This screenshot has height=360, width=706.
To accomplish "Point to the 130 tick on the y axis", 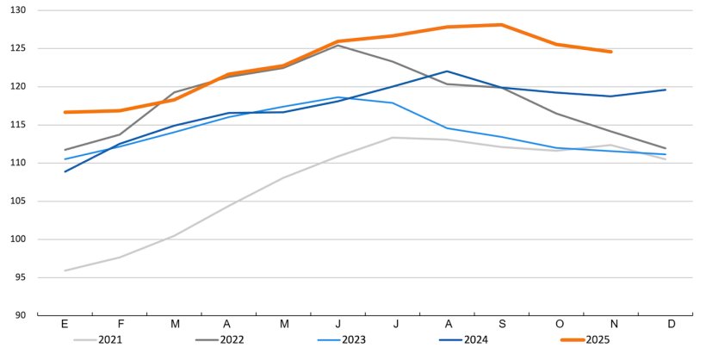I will click(x=18, y=10).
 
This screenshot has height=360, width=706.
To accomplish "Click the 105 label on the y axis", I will click(x=18, y=201).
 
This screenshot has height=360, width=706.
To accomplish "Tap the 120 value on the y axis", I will click(x=18, y=87).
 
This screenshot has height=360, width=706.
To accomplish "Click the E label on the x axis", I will click(x=65, y=324).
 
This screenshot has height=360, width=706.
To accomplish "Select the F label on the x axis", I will click(x=120, y=324).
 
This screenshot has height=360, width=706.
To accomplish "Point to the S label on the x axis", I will click(x=501, y=324).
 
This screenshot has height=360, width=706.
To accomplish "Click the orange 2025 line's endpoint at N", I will click(x=610, y=52).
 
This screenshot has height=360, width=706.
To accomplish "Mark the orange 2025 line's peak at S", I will click(x=501, y=25).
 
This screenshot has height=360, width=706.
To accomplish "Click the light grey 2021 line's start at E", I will click(x=65, y=270).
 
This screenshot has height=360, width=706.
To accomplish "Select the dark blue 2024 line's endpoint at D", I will click(x=665, y=90).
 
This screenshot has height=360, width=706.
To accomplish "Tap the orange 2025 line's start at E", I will click(x=65, y=112).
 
